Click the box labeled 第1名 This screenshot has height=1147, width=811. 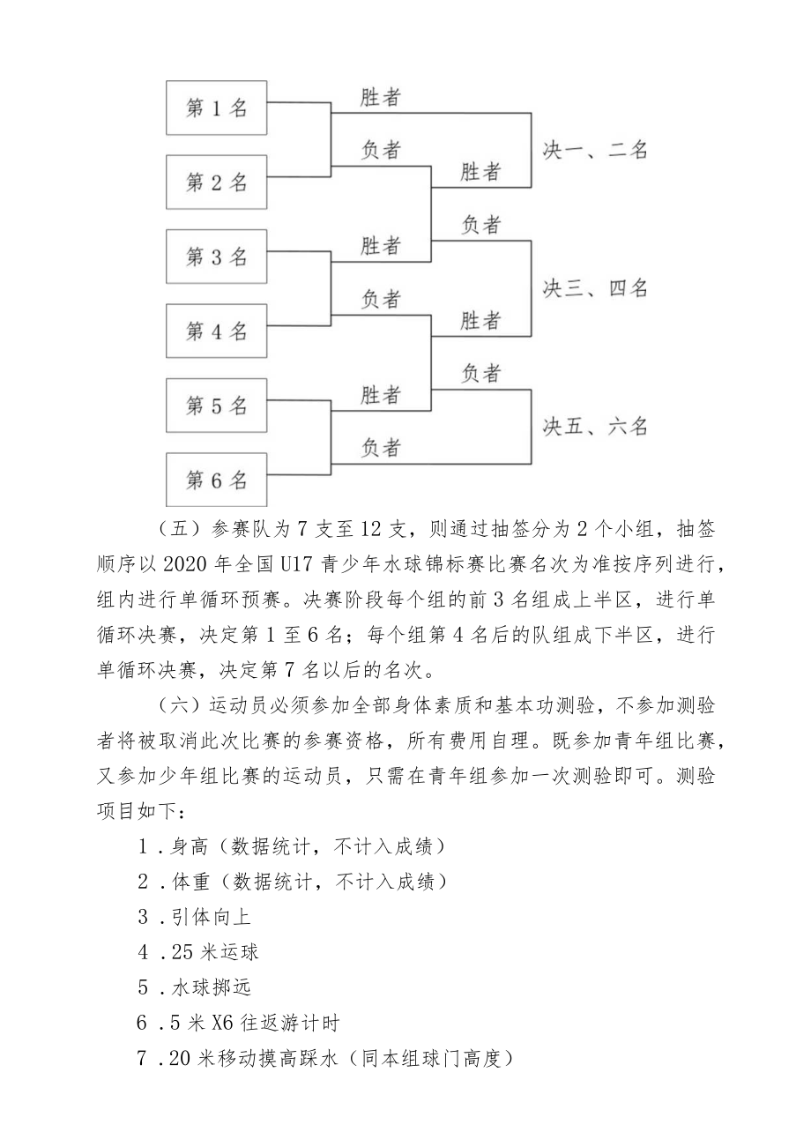point(216,108)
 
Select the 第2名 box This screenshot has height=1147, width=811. point(216,182)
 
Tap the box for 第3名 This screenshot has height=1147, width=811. point(216,257)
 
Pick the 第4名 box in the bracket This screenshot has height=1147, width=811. point(216,331)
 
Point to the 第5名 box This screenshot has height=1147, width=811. point(216,406)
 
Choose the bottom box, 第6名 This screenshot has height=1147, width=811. point(216,480)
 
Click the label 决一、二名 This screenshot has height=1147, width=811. point(595,151)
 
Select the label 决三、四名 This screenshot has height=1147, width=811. point(595,288)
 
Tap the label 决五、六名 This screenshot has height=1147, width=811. point(595,427)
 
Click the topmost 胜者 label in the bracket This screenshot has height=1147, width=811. point(381,98)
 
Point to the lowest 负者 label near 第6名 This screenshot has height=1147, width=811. point(381,448)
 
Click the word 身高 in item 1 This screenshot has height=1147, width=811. point(190,846)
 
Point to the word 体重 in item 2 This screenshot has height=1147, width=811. point(190,881)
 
